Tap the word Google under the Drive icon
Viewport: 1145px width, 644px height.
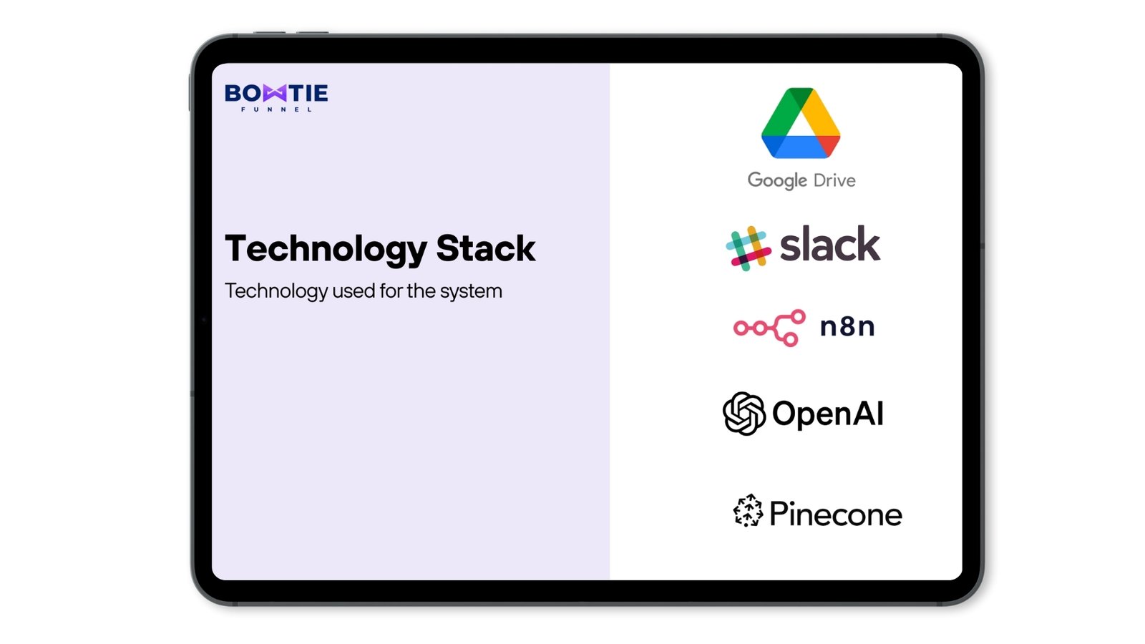(777, 181)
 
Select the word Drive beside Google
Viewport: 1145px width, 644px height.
(834, 180)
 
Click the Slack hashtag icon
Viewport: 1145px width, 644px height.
(749, 248)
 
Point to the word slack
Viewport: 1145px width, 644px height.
(829, 244)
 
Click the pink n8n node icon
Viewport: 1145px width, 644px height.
(769, 328)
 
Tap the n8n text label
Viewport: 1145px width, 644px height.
(847, 326)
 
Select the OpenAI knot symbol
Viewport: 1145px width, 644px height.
(744, 414)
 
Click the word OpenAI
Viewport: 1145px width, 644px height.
(827, 414)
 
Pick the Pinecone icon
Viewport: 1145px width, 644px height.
(748, 510)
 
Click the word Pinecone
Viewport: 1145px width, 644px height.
(836, 514)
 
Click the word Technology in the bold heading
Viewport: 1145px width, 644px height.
(326, 250)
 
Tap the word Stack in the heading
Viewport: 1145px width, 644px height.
(486, 248)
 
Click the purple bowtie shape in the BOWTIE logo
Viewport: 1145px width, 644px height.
(276, 93)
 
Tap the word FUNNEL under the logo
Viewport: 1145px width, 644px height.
(276, 109)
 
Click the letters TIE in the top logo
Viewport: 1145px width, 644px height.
(308, 93)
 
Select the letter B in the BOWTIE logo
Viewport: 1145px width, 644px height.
(233, 93)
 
